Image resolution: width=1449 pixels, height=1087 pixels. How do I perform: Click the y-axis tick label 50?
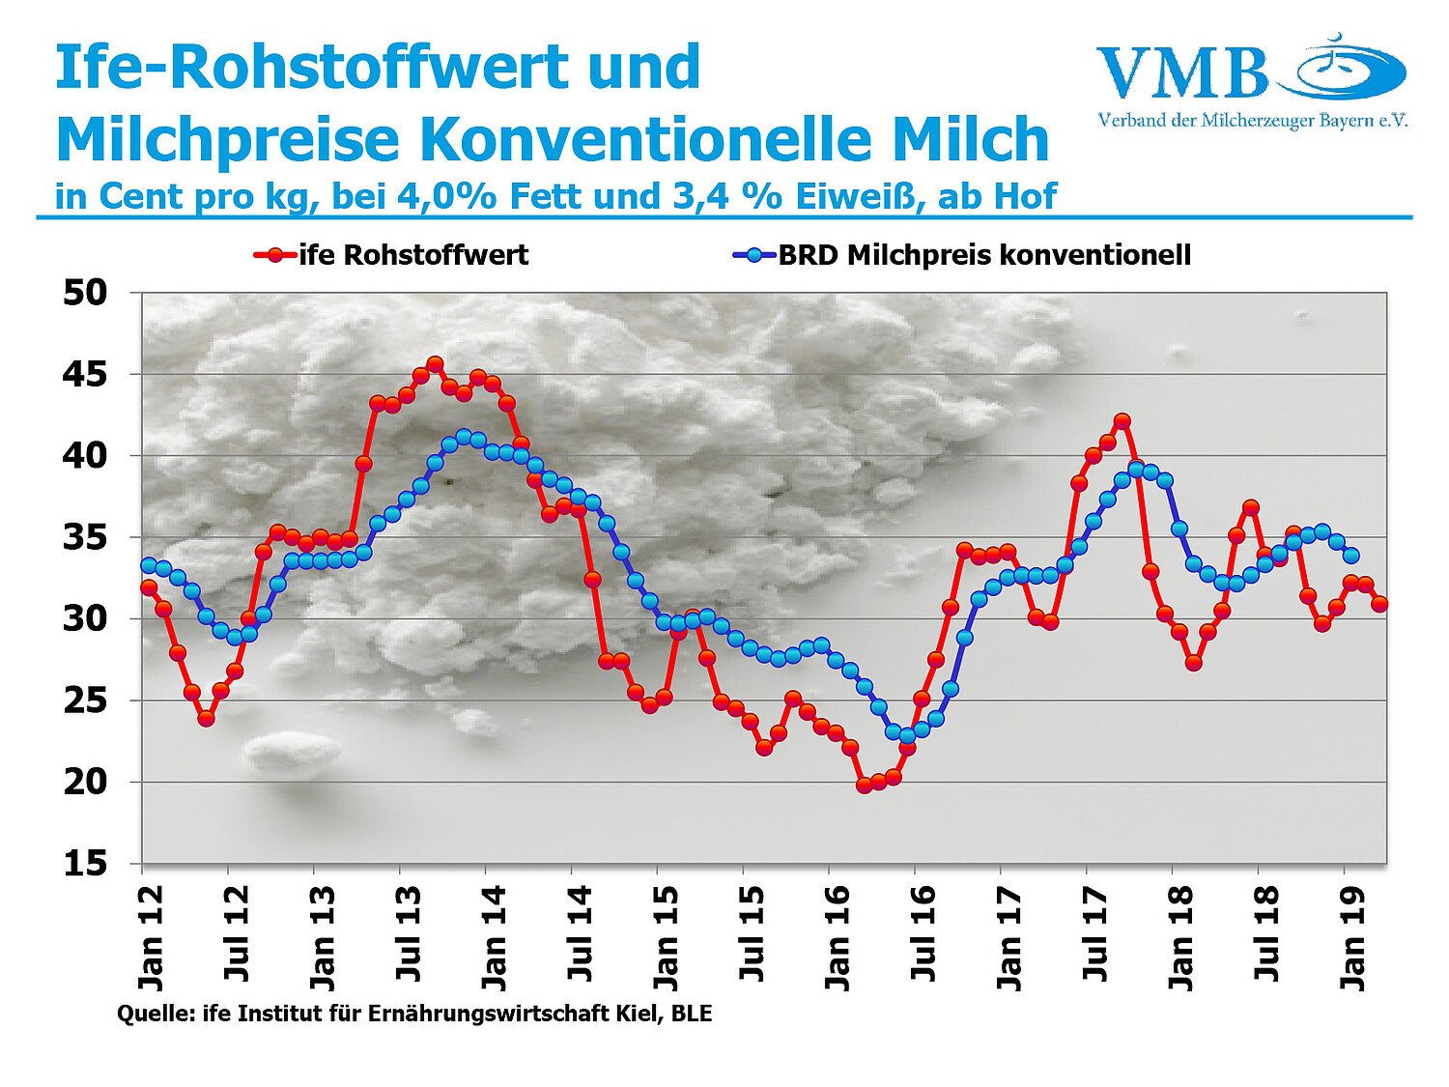tap(85, 292)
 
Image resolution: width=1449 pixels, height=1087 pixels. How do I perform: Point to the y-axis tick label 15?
tap(85, 863)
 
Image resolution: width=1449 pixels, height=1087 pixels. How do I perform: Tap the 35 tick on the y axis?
tap(85, 537)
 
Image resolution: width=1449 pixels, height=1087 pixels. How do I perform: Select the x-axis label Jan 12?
tap(151, 936)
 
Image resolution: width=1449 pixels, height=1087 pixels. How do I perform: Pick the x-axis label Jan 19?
tap(1352, 936)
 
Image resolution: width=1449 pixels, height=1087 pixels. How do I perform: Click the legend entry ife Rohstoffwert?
tap(413, 255)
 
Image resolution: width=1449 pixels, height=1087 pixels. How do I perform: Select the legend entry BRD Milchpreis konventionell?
tap(983, 255)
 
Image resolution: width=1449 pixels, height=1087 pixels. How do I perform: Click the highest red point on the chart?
tap(435, 364)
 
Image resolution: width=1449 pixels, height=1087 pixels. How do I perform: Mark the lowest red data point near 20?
tap(864, 785)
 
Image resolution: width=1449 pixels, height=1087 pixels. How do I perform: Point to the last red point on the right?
tap(1379, 604)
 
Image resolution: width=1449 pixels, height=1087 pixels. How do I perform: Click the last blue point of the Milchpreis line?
tap(1351, 556)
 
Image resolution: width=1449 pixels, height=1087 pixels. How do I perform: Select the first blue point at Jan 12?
tap(149, 565)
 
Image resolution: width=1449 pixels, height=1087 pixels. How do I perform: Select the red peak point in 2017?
tap(1122, 421)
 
